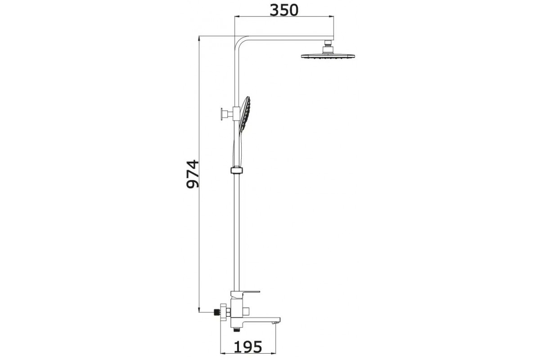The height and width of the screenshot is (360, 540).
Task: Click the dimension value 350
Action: click(284, 10)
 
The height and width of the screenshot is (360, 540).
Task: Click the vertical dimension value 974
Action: click(193, 174)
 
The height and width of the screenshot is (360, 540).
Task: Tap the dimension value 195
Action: click(248, 347)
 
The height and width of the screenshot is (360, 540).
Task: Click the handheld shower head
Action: click(244, 115)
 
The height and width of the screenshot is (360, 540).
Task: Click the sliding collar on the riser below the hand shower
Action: click(237, 170)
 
